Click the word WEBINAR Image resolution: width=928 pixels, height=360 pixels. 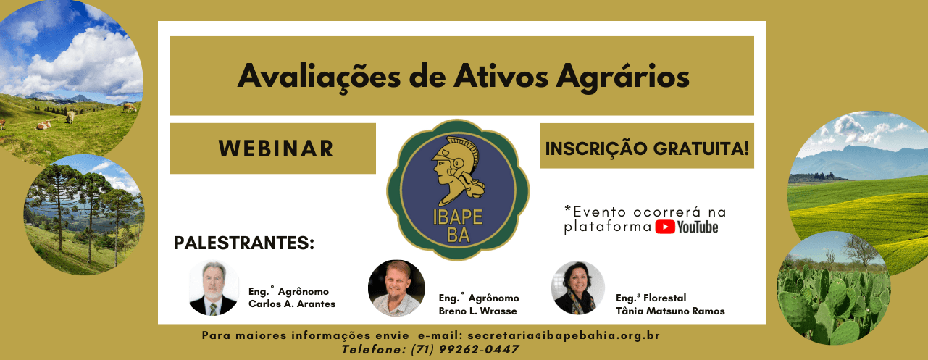coord(275,148)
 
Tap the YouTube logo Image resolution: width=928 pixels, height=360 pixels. coord(687,227)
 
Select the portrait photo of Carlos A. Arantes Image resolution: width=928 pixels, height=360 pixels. coord(212,288)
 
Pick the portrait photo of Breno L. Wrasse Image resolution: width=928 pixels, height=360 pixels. coord(396,288)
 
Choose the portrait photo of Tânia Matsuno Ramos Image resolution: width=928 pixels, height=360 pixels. coord(577,288)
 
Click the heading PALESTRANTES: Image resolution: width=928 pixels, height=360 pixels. coord(244,243)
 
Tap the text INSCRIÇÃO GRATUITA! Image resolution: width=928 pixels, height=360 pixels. coord(647,148)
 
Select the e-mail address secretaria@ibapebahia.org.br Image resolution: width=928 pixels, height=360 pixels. coord(564,336)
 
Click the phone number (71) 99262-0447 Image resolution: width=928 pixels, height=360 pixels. coord(464,349)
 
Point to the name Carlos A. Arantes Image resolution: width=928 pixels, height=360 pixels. coord(292,304)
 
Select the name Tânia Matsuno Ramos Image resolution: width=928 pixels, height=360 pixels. coord(670,311)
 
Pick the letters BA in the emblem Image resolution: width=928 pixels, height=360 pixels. coord(453,236)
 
